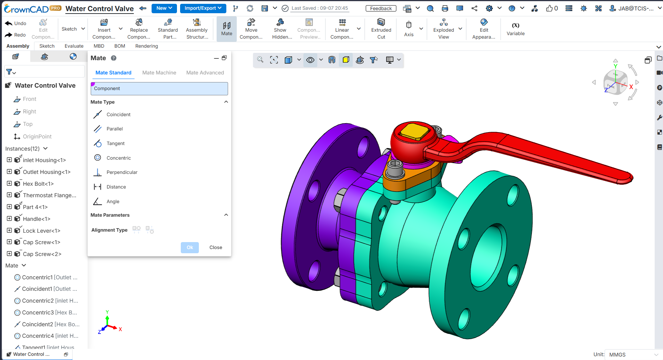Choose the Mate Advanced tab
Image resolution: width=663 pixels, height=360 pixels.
pos(205,73)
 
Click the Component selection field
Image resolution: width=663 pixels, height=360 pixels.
pos(159,89)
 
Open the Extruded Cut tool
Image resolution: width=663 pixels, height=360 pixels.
pos(381,29)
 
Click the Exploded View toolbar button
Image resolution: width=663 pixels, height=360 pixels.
pos(444,29)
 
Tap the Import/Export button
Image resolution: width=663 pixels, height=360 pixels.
pos(203,8)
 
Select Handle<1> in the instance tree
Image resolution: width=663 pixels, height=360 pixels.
pos(37,219)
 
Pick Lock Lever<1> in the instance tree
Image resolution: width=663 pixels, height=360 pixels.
pos(41,231)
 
